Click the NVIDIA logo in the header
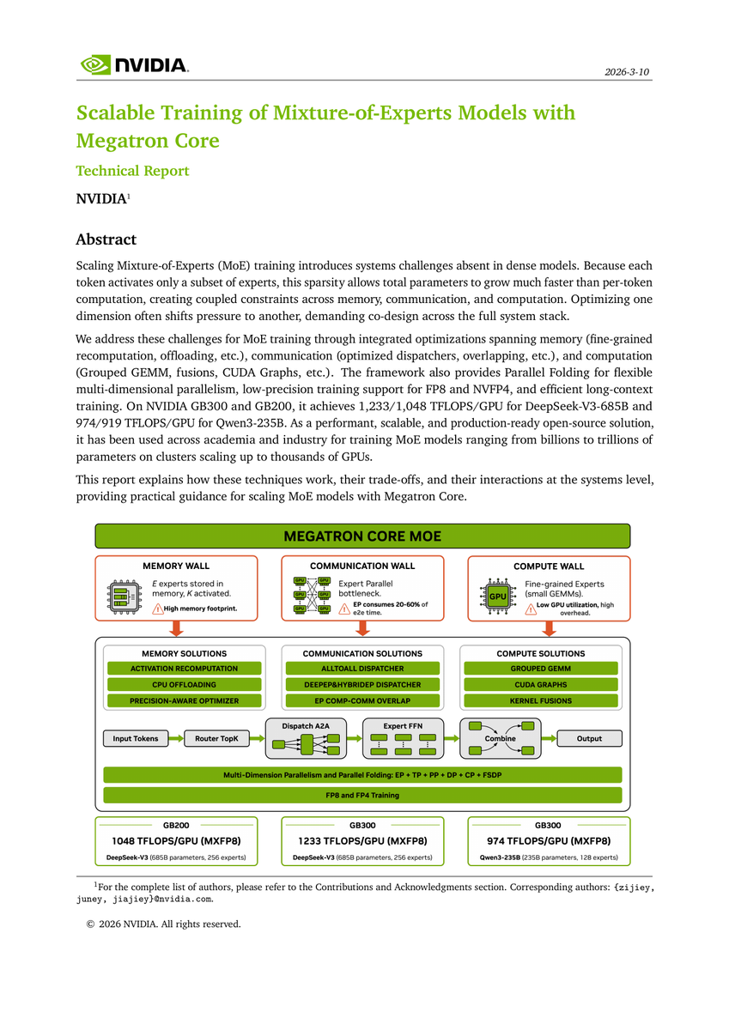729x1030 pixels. coord(134,65)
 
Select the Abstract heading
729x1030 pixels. coord(106,239)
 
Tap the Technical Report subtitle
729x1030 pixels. coord(132,170)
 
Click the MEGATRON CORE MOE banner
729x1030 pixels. coord(362,536)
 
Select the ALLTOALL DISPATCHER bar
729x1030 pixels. coord(362,668)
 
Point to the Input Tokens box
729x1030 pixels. coord(136,738)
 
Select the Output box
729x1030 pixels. coord(589,738)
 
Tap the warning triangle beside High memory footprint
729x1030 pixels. coord(157,609)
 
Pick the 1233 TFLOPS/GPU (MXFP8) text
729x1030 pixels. coord(362,840)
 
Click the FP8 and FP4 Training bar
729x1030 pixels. coord(362,795)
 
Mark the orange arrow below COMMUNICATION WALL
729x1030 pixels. coord(362,628)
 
